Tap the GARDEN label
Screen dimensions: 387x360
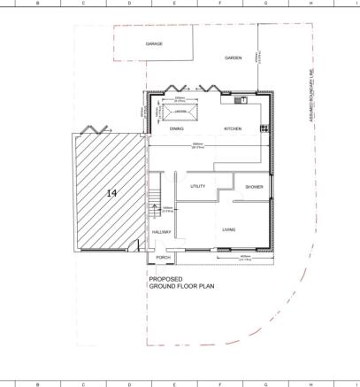(x=233, y=58)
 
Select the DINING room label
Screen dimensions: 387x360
(x=177, y=128)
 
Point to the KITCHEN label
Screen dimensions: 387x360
(x=233, y=128)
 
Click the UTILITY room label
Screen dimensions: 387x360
(x=198, y=186)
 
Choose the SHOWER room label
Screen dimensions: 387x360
(x=255, y=187)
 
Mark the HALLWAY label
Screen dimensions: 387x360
(x=160, y=232)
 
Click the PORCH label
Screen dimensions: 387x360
(x=163, y=258)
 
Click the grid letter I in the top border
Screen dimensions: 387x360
(x=356, y=4)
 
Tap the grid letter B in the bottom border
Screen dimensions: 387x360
(x=37, y=383)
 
